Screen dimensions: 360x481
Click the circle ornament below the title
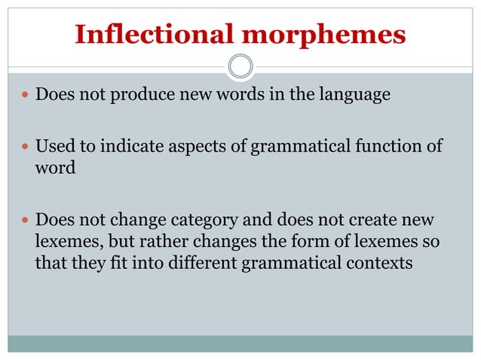point(240,66)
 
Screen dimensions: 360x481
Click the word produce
point(145,96)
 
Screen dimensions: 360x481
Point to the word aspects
point(198,145)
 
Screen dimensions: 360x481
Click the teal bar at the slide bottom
point(240,343)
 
